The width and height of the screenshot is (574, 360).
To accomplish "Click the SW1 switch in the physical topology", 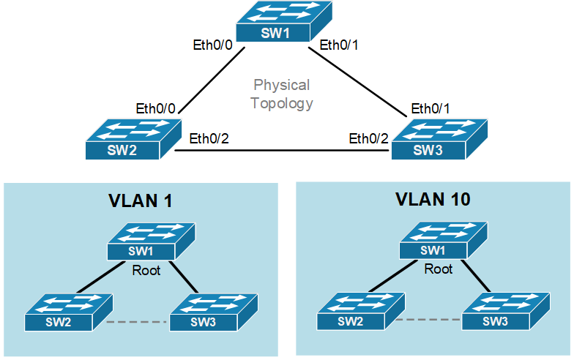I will [x=282, y=22].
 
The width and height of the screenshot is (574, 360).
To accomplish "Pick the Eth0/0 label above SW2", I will [x=156, y=108].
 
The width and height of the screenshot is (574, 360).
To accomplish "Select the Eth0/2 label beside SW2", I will [x=209, y=138].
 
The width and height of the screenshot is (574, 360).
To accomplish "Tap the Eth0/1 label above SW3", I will [x=431, y=108].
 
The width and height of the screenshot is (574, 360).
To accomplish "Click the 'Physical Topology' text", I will [x=282, y=94].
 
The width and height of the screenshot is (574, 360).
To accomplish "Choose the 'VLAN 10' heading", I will [x=433, y=199].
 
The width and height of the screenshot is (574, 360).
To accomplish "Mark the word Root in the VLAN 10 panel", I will [x=439, y=269].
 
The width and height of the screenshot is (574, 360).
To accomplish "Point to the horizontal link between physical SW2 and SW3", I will [x=282, y=151].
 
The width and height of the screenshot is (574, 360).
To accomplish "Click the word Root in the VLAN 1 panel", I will [x=146, y=270].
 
